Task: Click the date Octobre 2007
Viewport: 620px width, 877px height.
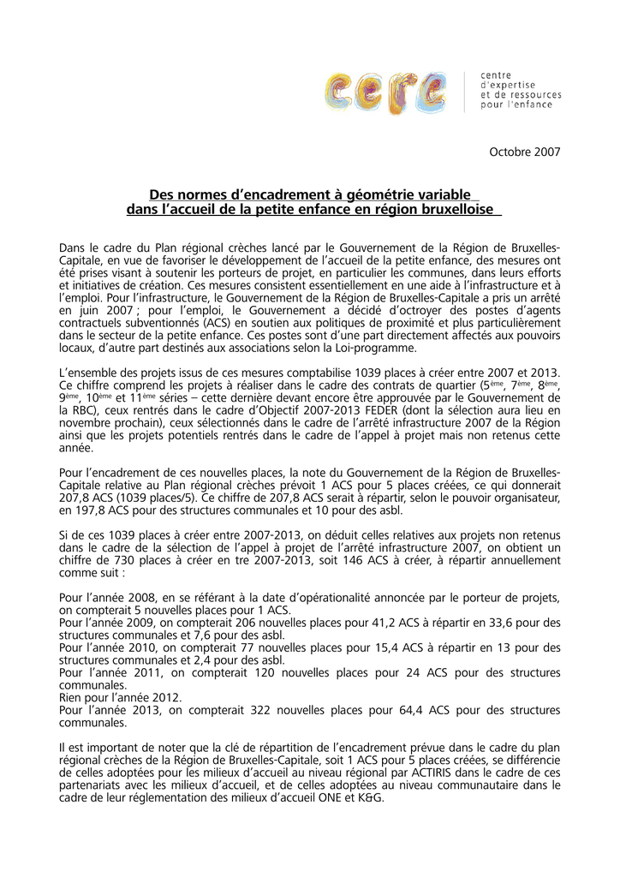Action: [x=524, y=152]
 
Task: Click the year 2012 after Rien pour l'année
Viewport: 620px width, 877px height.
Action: [x=165, y=698]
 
